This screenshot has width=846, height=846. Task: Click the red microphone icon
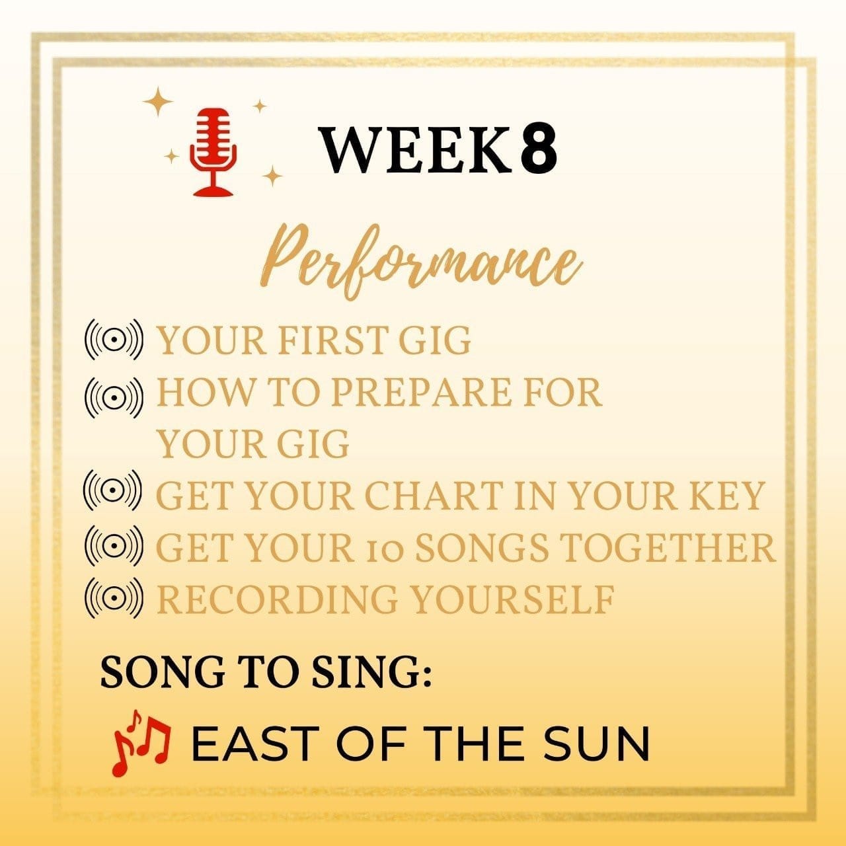pos(213,152)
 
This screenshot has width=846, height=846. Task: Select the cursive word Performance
pos(422,264)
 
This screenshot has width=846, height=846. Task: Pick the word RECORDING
pos(276,599)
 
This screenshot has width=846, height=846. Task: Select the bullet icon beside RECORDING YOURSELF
pos(114,598)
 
